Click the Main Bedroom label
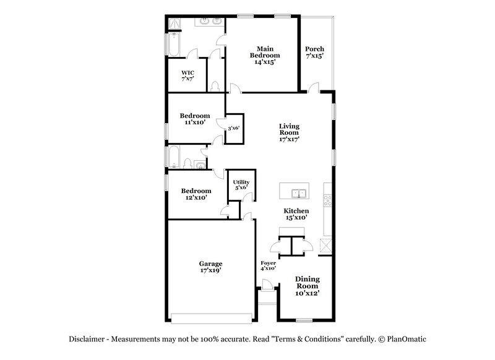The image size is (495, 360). tap(265, 54)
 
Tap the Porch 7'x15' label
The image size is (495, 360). tap(315, 53)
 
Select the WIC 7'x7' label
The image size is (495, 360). tap(187, 75)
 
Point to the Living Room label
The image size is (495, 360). tap(288, 132)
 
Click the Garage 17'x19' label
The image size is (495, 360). tap(210, 267)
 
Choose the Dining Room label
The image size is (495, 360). tap(307, 286)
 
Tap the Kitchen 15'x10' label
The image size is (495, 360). tap(296, 214)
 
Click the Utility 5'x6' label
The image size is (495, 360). tap(241, 184)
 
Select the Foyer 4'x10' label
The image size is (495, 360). tap(268, 266)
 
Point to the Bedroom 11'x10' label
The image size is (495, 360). tap(195, 119)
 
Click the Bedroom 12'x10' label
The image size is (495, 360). tap(196, 194)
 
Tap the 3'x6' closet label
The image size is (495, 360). tap(233, 129)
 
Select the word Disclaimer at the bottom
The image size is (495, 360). tap(88, 339)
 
